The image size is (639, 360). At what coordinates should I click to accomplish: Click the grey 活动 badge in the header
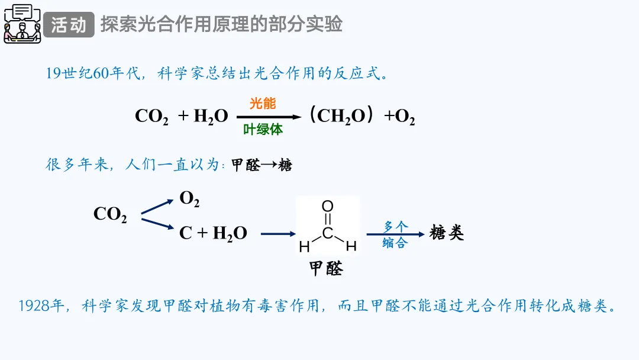click(x=69, y=25)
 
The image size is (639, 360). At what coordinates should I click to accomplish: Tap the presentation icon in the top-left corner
click(x=22, y=24)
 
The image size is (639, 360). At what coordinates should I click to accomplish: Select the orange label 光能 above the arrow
click(x=263, y=103)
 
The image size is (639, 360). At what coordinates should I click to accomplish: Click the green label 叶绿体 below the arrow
click(x=263, y=130)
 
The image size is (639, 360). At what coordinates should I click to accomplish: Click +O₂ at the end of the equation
click(x=400, y=117)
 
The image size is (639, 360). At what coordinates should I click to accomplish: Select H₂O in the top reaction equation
click(x=210, y=117)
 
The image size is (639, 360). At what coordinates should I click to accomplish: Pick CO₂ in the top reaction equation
click(x=151, y=117)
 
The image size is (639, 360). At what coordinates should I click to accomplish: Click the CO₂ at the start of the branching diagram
click(x=110, y=214)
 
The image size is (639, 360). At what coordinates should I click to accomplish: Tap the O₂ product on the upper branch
click(x=189, y=200)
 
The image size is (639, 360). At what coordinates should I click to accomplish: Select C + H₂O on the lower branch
click(x=213, y=233)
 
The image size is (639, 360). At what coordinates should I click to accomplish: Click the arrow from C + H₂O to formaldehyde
click(x=277, y=233)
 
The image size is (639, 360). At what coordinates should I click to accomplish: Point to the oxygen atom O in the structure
click(x=327, y=206)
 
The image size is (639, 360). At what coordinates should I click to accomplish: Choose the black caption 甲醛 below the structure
click(x=326, y=269)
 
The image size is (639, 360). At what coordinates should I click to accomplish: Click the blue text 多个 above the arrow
click(x=395, y=226)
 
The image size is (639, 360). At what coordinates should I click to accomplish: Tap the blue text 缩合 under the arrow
click(x=395, y=243)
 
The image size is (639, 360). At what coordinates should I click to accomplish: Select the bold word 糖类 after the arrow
click(x=447, y=233)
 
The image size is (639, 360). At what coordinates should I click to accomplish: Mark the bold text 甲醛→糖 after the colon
click(x=262, y=166)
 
